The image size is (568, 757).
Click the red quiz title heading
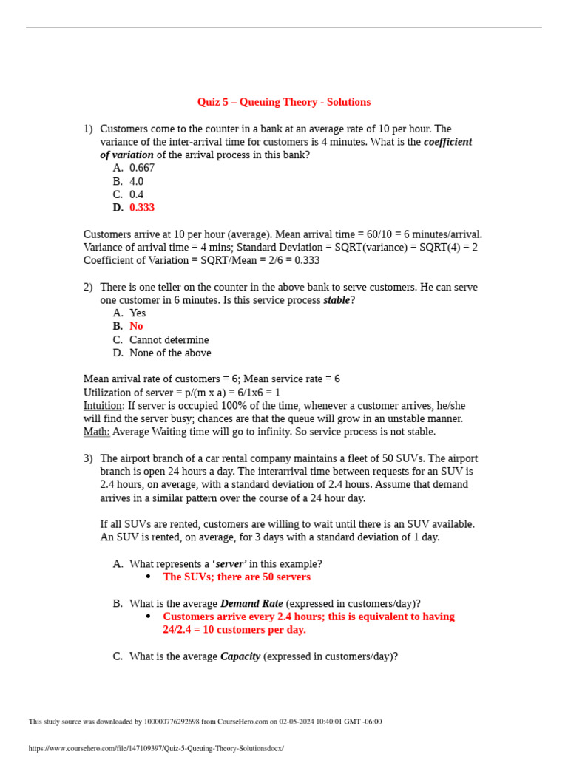click(283, 102)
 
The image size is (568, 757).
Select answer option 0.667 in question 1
click(142, 168)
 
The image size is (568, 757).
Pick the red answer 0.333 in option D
click(142, 208)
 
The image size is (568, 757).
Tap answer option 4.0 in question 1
click(137, 181)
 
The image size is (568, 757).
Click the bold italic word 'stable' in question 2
click(337, 300)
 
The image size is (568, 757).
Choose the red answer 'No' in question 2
click(136, 326)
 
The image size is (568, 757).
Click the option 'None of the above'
click(170, 353)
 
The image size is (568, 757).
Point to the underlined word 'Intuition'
click(102, 406)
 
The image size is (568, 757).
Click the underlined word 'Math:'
click(97, 432)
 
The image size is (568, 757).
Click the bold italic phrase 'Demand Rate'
click(251, 603)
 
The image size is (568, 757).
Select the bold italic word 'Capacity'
click(240, 656)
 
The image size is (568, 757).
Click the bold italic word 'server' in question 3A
click(229, 564)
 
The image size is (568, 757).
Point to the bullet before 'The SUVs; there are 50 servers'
click(148, 577)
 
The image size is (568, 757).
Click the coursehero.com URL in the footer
click(156, 748)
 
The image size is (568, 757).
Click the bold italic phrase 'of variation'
click(127, 155)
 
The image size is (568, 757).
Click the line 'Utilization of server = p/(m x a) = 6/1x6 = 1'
click(182, 393)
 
